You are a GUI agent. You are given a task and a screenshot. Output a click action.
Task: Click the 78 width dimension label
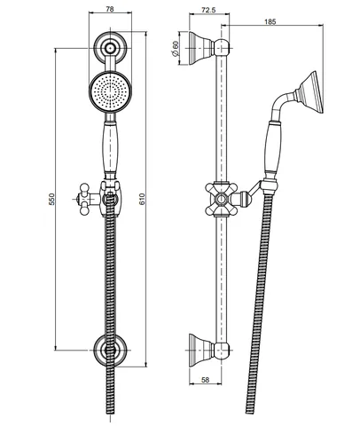coord(110,9)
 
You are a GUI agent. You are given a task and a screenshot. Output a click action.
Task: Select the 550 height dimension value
coord(51,199)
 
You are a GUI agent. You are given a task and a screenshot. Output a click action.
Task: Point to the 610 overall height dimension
coord(143,199)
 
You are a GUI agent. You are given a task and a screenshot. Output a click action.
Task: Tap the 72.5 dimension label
coord(208,10)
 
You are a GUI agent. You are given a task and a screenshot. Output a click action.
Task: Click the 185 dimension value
coord(270,21)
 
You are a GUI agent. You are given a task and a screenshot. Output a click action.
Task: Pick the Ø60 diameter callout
coord(176,48)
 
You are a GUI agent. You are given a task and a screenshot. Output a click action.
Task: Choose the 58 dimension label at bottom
coord(205,380)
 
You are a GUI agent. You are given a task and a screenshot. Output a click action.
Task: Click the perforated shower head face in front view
coord(110,91)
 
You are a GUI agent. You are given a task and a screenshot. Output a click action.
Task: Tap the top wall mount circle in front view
coord(111,48)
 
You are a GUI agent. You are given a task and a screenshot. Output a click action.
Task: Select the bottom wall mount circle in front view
coord(111,350)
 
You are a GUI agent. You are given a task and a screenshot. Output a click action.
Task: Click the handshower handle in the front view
coord(110,148)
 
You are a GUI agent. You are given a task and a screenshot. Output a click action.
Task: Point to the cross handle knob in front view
coord(85,199)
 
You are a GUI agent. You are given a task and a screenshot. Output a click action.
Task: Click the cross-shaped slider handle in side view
coord(221,199)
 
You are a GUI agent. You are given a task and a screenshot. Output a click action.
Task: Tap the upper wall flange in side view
coord(200,48)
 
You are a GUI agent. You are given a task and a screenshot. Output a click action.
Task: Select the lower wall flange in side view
coord(200,351)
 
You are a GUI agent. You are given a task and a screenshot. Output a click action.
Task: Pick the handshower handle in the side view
coord(273,148)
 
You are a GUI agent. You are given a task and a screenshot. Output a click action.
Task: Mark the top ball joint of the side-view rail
coord(222,48)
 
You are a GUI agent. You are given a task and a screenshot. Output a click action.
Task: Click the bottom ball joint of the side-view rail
coord(222,351)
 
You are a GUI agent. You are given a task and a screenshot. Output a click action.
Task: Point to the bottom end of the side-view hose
coord(249,412)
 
